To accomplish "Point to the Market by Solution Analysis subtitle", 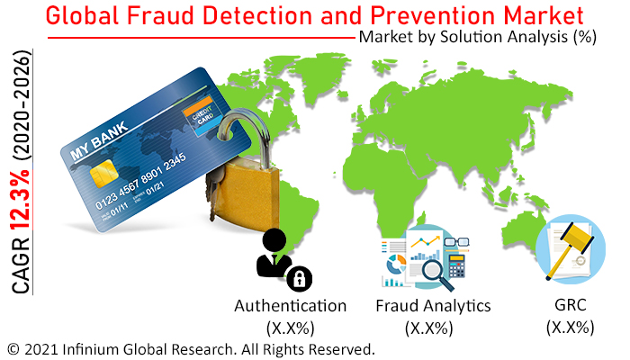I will coord(477,39).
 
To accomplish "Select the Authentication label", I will coord(290,306).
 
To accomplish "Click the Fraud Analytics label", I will coord(433,306).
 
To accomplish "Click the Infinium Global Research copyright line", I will coord(190,348).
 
